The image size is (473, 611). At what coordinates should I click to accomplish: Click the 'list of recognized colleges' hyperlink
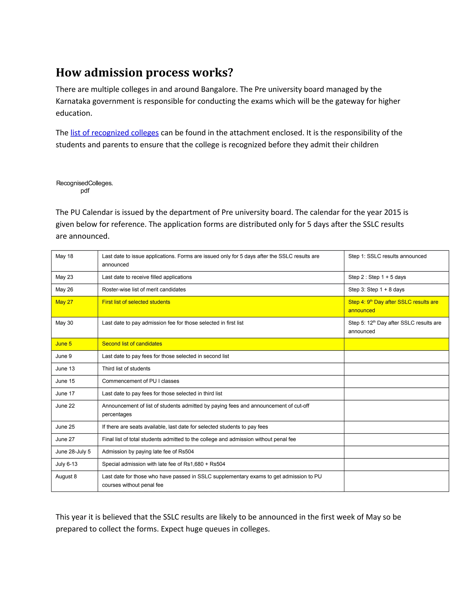pyautogui.click(x=114, y=133)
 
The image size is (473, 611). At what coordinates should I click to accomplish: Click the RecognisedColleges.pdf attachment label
pyautogui.click(x=84, y=187)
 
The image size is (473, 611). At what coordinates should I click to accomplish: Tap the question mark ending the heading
pyautogui.click(x=230, y=73)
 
